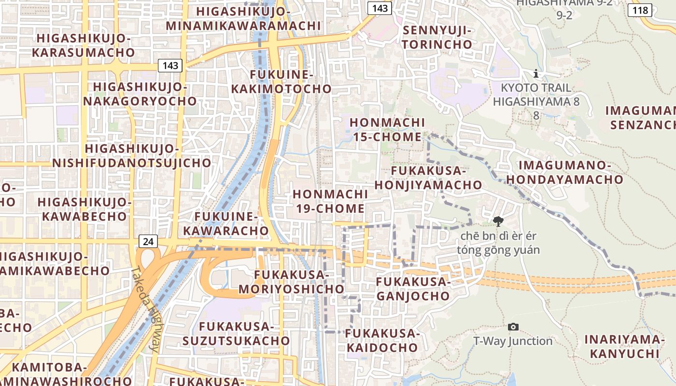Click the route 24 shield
148,241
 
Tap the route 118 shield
640,10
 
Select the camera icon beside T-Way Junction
513,327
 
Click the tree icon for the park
498,221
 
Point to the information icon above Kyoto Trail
535,74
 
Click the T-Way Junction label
513,341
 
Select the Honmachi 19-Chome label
330,201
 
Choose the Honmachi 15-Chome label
387,130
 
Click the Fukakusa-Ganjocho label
413,289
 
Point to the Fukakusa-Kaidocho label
381,340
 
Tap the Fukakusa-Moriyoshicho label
291,282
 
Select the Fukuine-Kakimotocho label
282,82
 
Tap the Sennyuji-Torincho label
437,37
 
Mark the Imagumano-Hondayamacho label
564,172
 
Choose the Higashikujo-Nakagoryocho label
140,94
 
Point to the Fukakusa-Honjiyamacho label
428,178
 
